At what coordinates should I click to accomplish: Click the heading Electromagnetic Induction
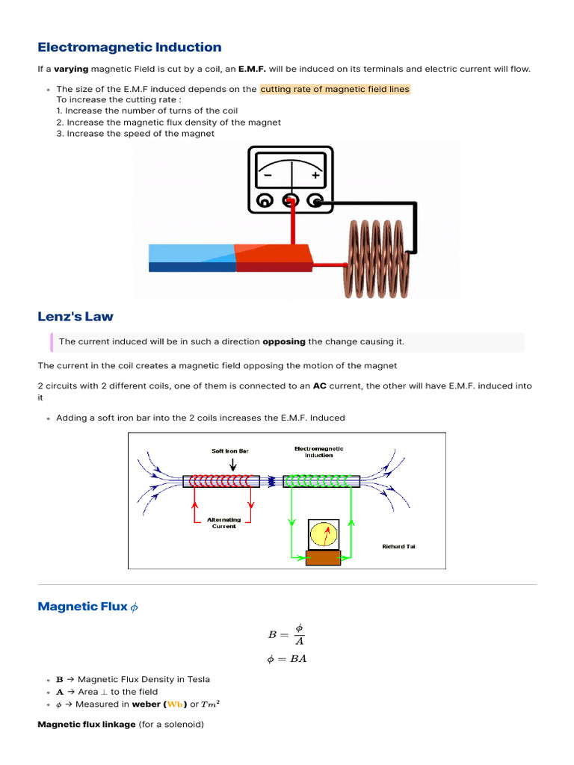pyautogui.click(x=129, y=47)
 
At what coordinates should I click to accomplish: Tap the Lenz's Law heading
pyautogui.click(x=75, y=316)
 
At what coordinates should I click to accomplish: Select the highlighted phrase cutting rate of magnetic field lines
pyautogui.click(x=335, y=89)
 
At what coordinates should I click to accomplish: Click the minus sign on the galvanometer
pyautogui.click(x=267, y=176)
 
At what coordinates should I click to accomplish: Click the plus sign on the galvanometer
pyautogui.click(x=315, y=176)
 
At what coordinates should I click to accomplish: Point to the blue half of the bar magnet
pyautogui.click(x=191, y=258)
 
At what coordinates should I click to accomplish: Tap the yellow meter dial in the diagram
pyautogui.click(x=324, y=535)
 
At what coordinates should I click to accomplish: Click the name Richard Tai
pyautogui.click(x=399, y=546)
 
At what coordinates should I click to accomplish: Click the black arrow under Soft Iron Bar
pyautogui.click(x=234, y=465)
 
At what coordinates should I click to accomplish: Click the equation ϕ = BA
pyautogui.click(x=286, y=658)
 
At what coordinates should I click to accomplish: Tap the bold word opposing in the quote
pyautogui.click(x=284, y=341)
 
